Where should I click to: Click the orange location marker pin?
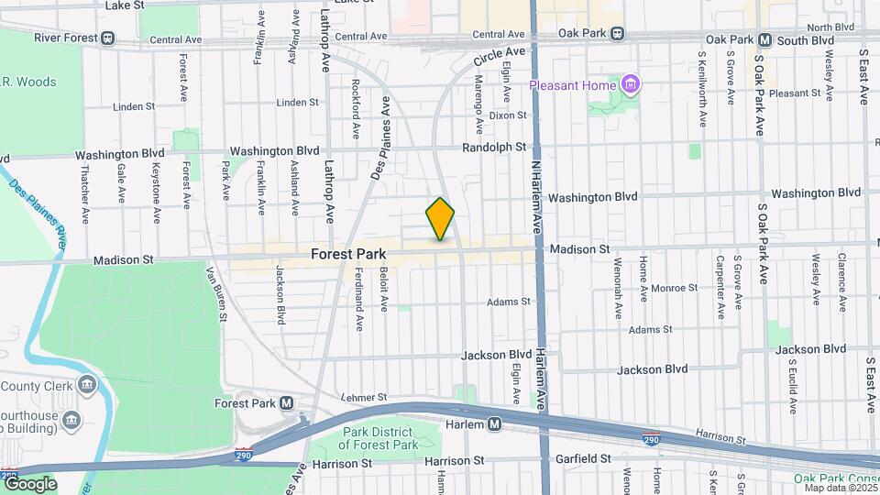coord(440,219)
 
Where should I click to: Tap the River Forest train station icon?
coord(108,38)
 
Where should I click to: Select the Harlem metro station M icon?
coord(494,424)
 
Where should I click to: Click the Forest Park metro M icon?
coord(287,402)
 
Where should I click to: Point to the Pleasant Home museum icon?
coord(630,85)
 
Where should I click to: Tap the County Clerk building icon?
coord(86,384)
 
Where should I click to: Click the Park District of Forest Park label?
coord(379,439)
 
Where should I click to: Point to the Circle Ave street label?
coord(499,56)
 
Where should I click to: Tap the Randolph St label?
coord(494,147)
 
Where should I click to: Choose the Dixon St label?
coord(508,115)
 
